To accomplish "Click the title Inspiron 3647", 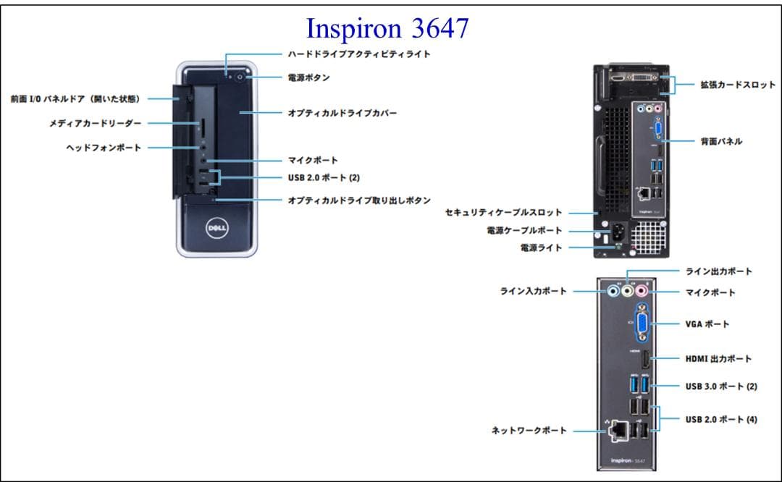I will pos(387,28).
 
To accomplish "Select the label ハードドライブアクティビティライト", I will pos(358,54).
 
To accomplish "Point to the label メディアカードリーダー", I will pos(96,124).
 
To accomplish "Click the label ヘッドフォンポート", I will pos(104,147).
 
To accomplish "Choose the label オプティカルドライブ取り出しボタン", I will pos(359,200).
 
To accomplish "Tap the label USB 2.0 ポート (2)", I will pos(324,177).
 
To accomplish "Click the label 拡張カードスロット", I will pos(738,85).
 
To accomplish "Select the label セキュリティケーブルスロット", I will pos(503,213).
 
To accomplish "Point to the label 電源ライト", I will pos(541,248).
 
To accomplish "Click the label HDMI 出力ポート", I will pos(718,358).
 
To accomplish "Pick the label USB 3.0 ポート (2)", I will pos(721,386).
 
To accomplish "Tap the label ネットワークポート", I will pos(529,430).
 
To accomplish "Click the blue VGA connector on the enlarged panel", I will pos(642,324).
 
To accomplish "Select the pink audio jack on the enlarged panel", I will pos(641,290).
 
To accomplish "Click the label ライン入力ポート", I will pos(534,291).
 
